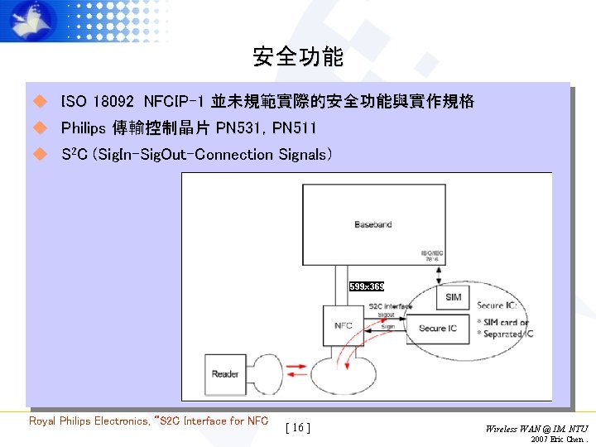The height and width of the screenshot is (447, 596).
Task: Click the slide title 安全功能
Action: pos(298,57)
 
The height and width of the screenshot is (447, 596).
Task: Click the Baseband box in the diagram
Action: pos(372,224)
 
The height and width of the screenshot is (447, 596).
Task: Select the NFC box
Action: pos(343,325)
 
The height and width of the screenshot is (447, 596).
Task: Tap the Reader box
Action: pos(225,373)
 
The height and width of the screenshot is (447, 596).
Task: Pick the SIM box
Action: pos(453,296)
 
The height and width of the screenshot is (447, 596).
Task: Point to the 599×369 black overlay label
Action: pos(366,286)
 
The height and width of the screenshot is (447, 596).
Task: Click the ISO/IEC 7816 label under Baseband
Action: pos(433,255)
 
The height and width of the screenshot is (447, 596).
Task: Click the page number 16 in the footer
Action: pos(297,427)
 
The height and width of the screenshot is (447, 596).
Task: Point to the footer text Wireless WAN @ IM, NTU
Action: pos(536,428)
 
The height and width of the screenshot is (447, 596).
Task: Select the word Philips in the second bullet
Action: pos(84,128)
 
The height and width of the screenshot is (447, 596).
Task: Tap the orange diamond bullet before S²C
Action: pos(38,154)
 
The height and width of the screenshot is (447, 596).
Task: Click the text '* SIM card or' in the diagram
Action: pos(502,322)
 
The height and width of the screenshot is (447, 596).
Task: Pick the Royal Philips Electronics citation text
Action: pos(149,421)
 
